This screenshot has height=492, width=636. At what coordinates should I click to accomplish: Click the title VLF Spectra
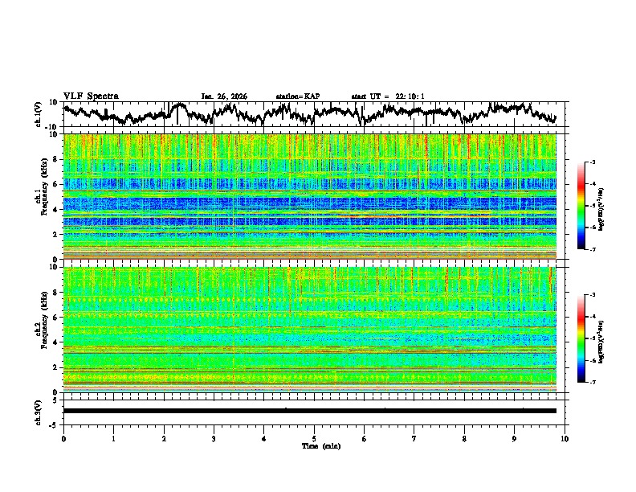[x=91, y=96]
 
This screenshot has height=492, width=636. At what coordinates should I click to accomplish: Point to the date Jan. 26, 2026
[x=224, y=96]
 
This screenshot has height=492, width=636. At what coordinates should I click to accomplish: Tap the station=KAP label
[x=298, y=96]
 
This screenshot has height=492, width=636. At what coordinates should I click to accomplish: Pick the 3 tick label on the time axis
[x=214, y=438]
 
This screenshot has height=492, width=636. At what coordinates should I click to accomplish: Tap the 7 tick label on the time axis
[x=414, y=438]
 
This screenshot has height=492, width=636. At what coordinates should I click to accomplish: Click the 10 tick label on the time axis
[x=565, y=438]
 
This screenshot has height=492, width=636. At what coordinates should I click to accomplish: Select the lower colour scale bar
[x=581, y=338]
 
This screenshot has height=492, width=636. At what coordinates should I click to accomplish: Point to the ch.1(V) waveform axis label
[x=39, y=113]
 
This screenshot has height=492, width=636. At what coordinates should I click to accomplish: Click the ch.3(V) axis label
[x=39, y=411]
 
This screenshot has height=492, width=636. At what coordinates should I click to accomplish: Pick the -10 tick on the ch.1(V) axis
[x=52, y=127]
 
